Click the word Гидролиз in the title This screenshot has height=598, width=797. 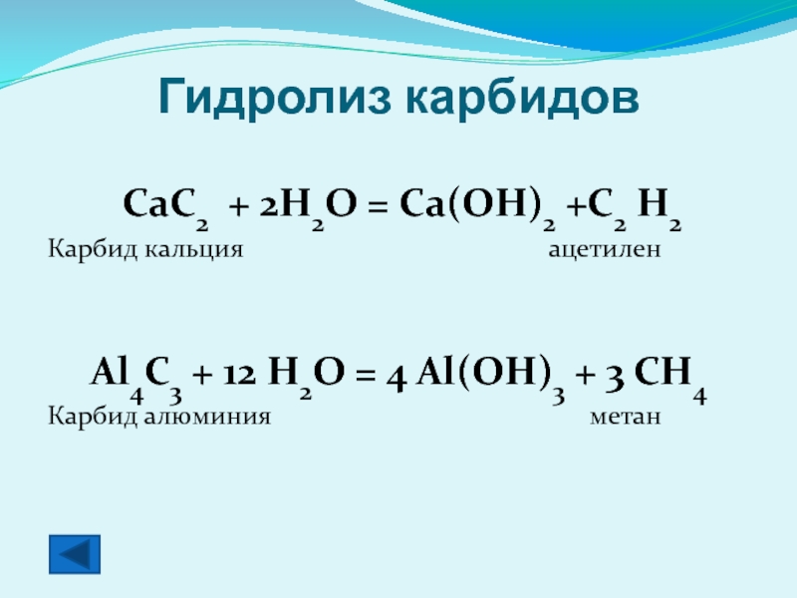275,98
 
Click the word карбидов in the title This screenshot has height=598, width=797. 522,97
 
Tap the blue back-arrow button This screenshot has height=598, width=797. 75,554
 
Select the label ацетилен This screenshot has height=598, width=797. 605,249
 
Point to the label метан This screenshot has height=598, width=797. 626,417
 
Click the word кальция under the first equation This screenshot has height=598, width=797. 193,249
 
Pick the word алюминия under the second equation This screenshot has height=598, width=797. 207,417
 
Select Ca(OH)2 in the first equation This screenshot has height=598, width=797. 477,207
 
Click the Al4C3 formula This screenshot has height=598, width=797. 135,379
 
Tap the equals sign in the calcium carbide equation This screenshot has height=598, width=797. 379,206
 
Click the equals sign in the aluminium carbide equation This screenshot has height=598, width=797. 366,375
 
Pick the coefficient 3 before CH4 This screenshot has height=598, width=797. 615,378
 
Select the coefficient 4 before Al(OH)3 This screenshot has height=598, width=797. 397,379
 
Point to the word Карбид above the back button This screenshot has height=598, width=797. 93,417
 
